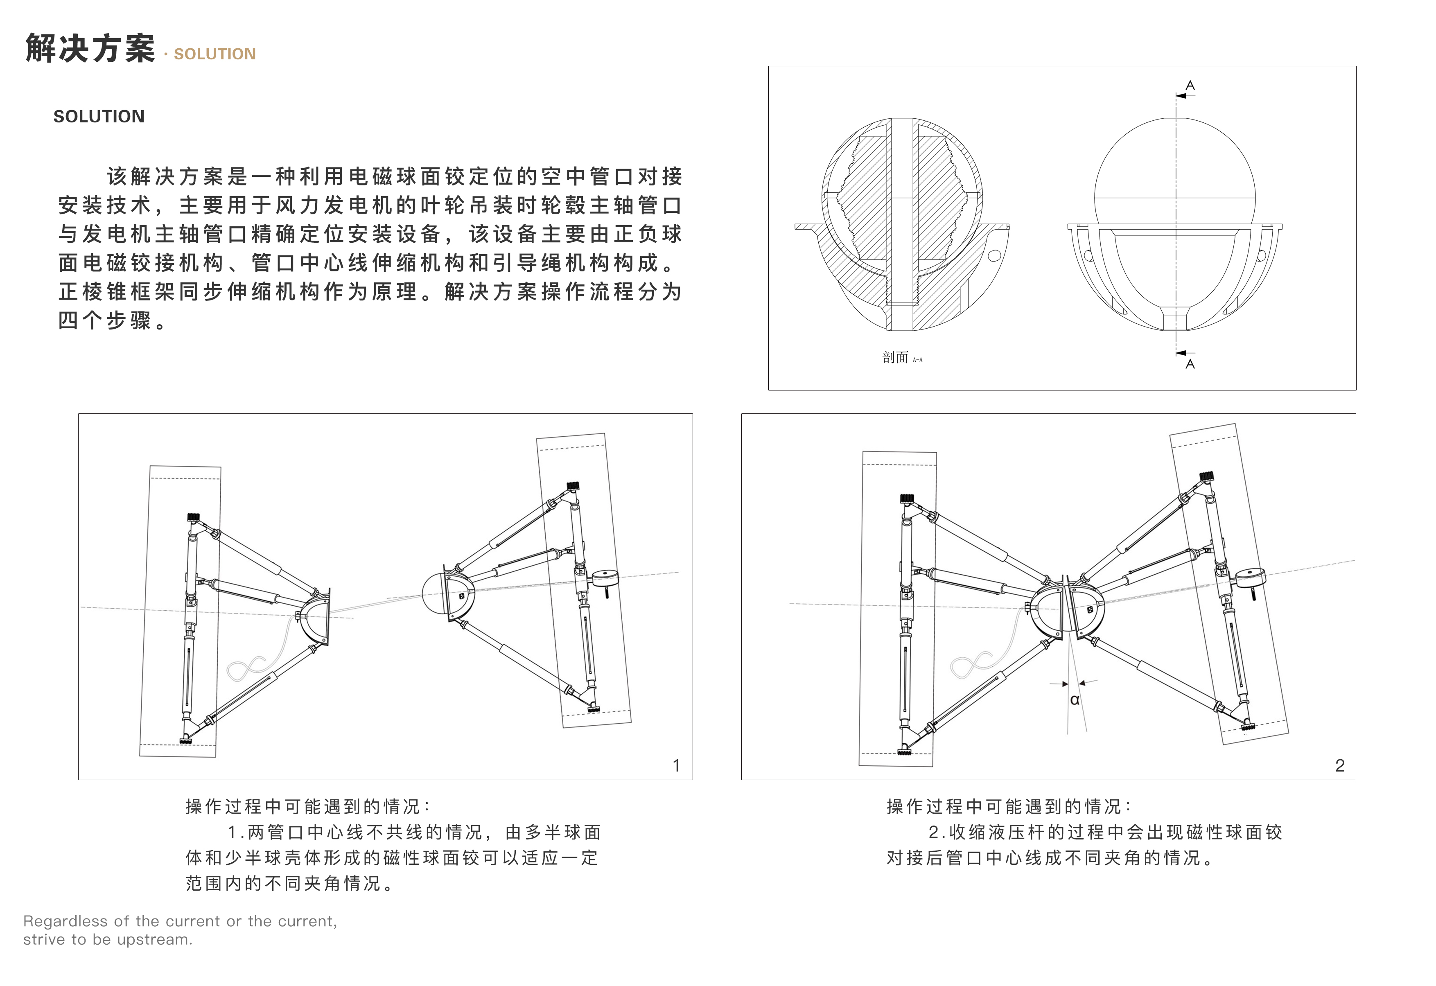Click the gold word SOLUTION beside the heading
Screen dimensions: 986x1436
tap(214, 54)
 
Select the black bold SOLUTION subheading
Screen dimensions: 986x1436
tap(99, 116)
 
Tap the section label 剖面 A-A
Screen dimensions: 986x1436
tap(901, 358)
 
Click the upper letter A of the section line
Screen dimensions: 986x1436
tap(1190, 85)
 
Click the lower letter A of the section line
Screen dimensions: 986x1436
tap(1190, 365)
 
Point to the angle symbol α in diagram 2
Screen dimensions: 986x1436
tap(1075, 700)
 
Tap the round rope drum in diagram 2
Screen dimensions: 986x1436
tap(1249, 579)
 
